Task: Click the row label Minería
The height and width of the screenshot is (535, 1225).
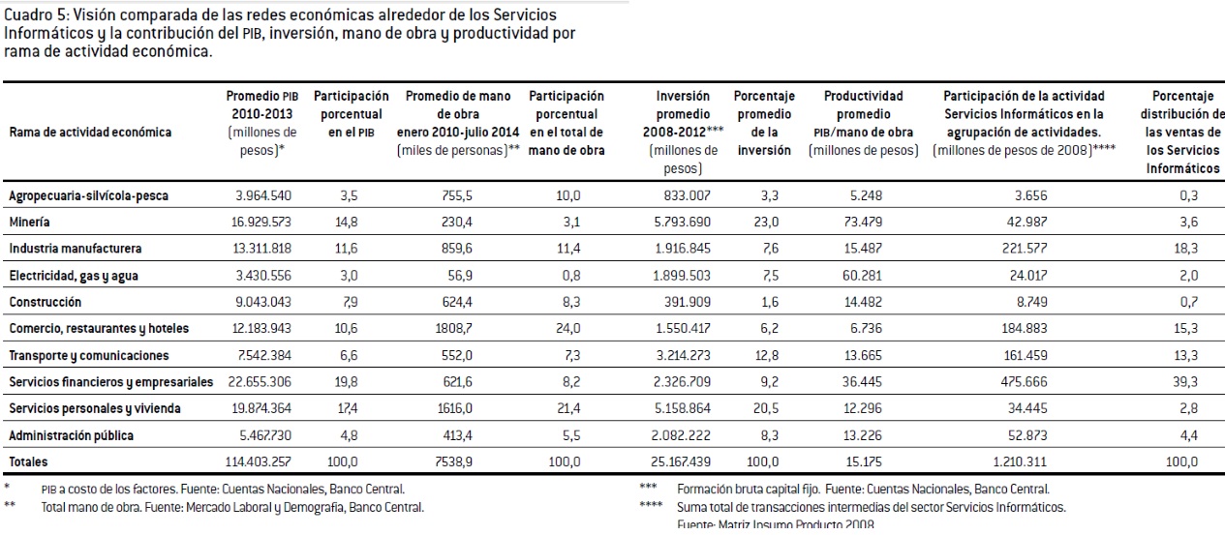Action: coord(31,222)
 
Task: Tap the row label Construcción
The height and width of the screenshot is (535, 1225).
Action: coord(45,302)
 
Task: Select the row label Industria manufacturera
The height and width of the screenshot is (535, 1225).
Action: coord(75,249)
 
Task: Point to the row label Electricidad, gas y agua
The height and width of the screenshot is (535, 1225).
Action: coord(74,276)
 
